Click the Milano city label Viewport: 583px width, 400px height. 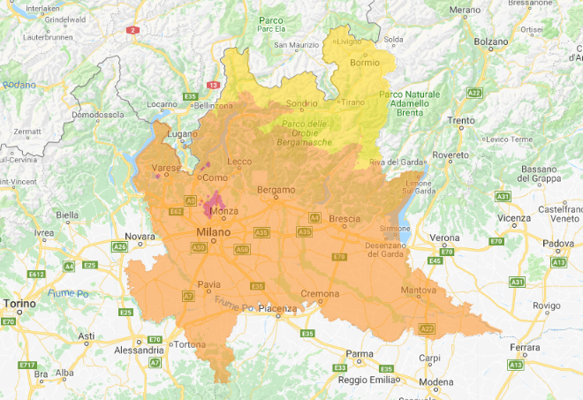click(212, 231)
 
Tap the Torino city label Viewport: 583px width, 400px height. click(19, 304)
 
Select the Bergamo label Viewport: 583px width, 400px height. click(275, 190)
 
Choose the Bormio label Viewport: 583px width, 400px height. click(364, 63)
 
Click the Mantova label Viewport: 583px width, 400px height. click(418, 290)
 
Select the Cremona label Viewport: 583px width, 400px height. click(320, 293)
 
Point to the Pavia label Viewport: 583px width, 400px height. click(208, 284)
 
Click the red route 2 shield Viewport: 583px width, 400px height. click(134, 29)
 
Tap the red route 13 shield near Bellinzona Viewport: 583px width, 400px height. click(213, 86)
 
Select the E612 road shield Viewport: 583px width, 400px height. click(36, 275)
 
